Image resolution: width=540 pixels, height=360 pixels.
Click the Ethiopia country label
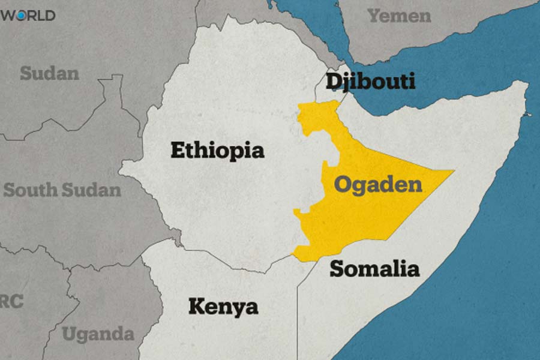(x=217, y=150)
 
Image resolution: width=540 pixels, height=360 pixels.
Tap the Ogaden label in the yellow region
(x=378, y=184)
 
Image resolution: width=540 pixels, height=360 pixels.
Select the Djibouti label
(x=370, y=81)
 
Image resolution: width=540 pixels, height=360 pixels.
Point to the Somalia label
(x=374, y=268)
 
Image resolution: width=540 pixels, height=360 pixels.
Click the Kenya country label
(x=223, y=307)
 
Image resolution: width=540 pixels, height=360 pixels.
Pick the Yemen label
(x=399, y=16)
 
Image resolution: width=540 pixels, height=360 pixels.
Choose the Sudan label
(x=49, y=73)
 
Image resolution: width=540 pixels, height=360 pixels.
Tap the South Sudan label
(x=62, y=190)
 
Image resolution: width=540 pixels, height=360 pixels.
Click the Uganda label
(x=98, y=333)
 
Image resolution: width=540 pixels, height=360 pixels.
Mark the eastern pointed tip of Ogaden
(x=453, y=171)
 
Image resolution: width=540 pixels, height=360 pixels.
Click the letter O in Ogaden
(x=343, y=184)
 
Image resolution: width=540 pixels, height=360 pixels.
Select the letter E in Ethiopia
(x=177, y=150)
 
